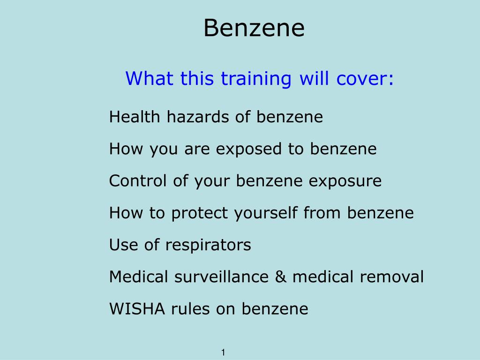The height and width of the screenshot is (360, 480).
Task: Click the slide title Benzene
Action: point(254,28)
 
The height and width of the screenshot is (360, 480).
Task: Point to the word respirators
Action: point(208,245)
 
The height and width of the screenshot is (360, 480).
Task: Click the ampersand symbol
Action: point(281,277)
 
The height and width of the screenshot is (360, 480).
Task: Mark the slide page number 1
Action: point(224,352)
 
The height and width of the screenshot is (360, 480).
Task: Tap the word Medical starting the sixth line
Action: point(138,277)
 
